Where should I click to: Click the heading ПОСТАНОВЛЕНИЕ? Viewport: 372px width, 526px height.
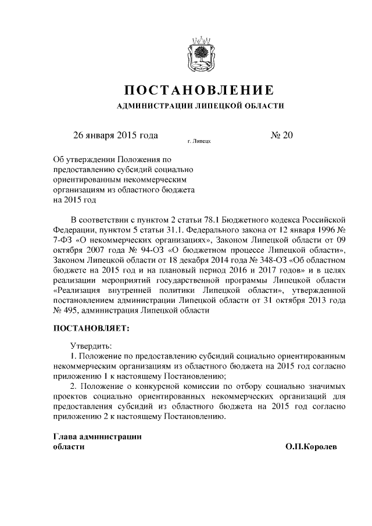pyautogui.click(x=200, y=91)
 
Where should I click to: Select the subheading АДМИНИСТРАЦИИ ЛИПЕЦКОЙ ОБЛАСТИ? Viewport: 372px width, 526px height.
pyautogui.click(x=200, y=106)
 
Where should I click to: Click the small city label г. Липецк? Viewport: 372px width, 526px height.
pyautogui.click(x=199, y=141)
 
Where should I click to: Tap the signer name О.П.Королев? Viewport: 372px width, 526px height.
pyautogui.click(x=311, y=447)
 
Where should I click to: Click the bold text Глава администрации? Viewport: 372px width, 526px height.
pyautogui.click(x=98, y=436)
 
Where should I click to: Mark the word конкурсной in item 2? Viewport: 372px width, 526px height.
pyautogui.click(x=153, y=387)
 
